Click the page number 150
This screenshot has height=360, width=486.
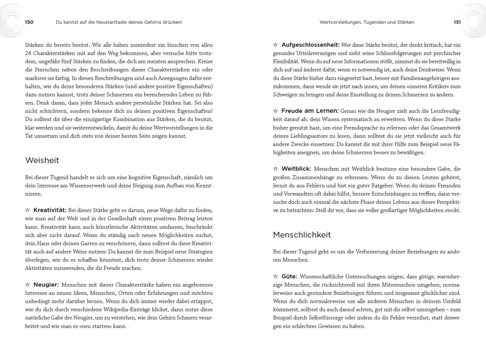point(29,22)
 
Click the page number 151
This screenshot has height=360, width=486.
point(457,22)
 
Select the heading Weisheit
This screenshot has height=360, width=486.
point(42,160)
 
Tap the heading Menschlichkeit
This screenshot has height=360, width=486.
point(302,235)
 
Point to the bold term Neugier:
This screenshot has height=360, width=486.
point(46,284)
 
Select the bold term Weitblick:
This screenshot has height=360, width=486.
point(296,169)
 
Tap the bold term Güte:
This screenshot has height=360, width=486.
point(289,276)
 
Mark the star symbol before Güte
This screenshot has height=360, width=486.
point(275,276)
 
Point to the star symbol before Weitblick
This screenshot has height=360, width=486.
point(275,169)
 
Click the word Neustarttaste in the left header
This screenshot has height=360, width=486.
point(113,22)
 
